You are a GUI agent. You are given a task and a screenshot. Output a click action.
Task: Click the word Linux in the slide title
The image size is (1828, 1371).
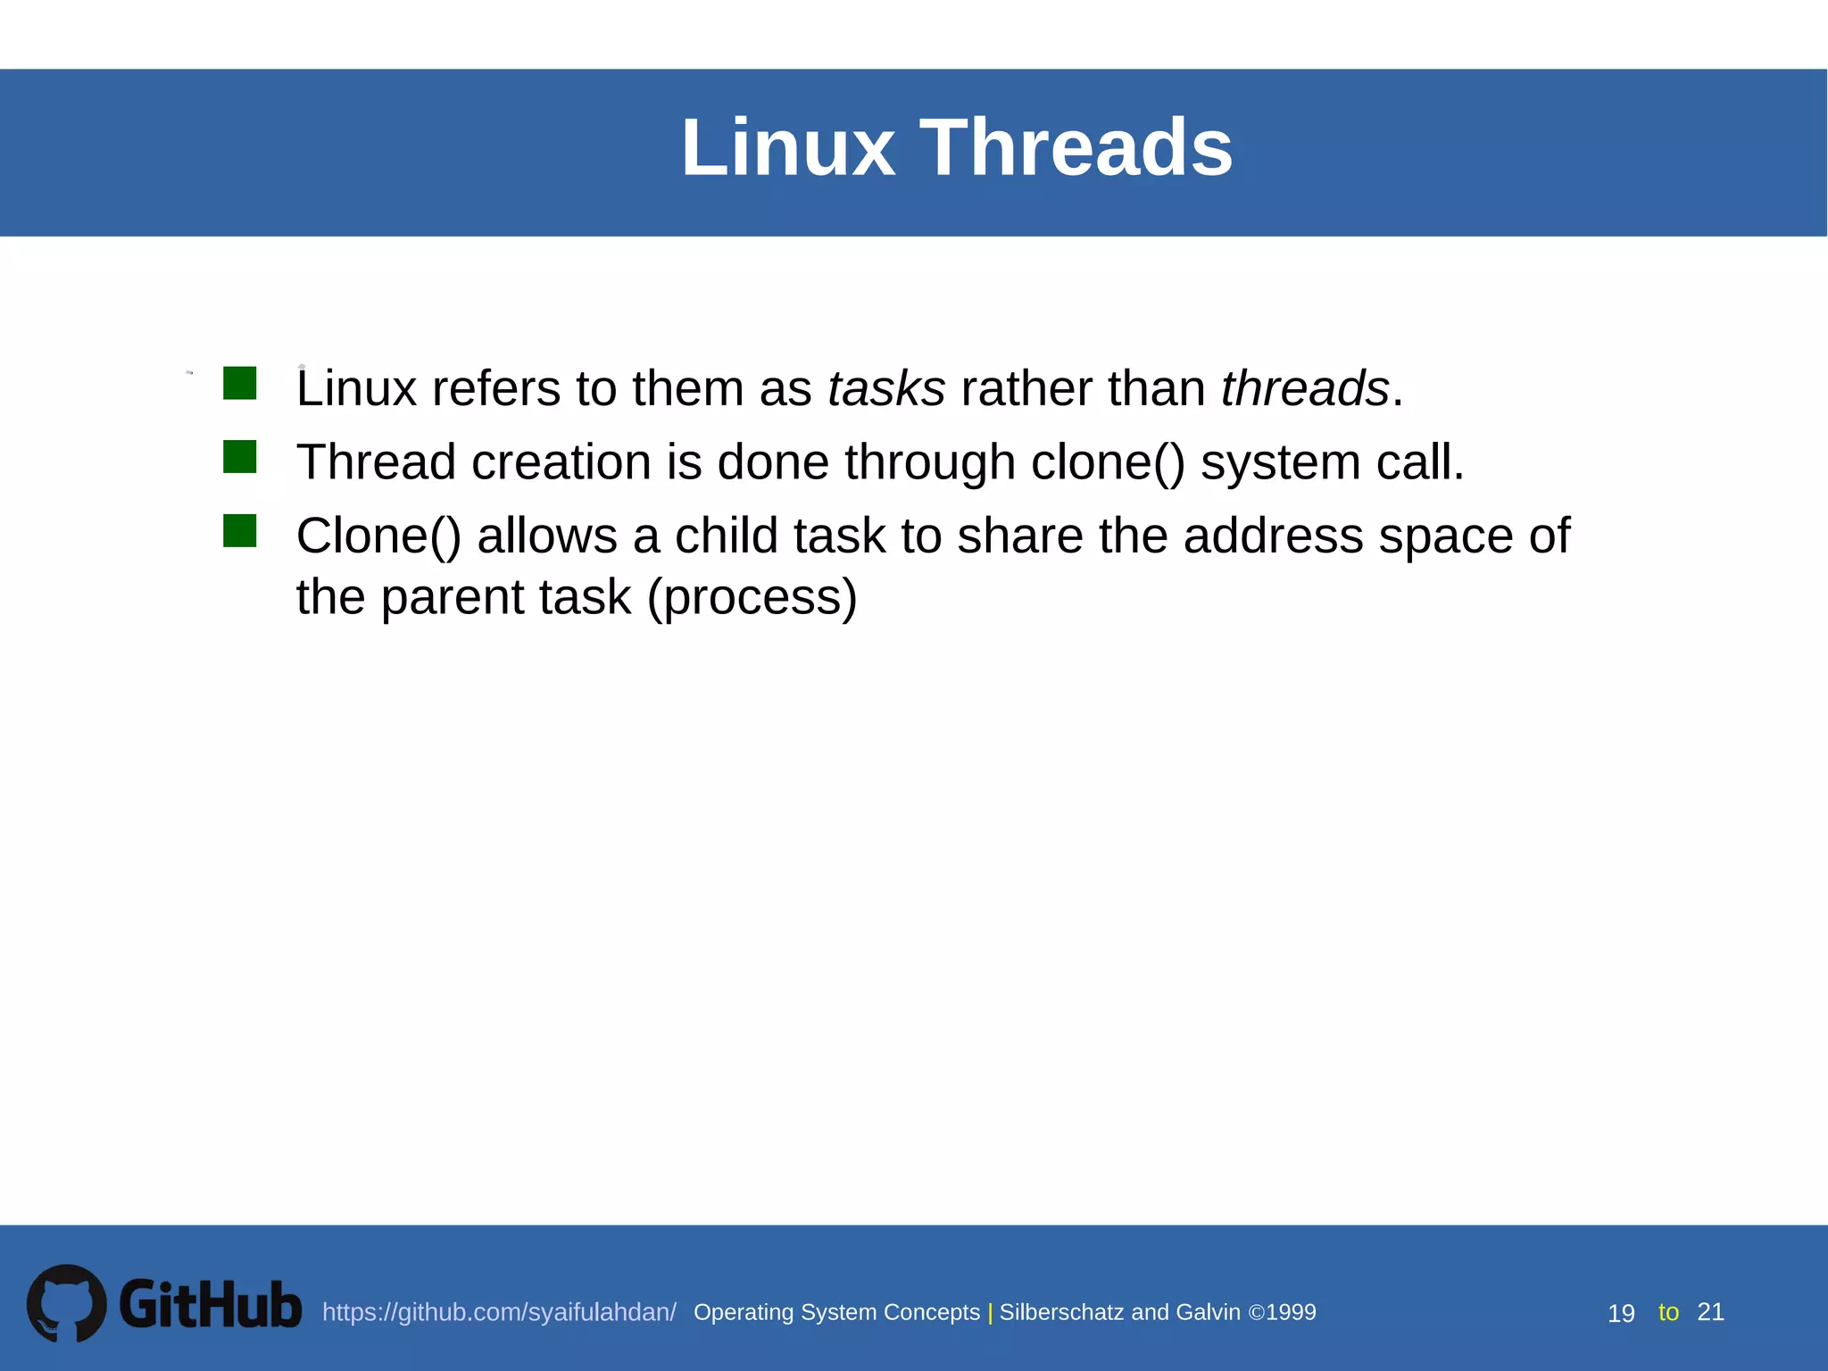point(787,147)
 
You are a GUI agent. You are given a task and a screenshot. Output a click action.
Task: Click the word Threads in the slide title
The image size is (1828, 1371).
point(1076,147)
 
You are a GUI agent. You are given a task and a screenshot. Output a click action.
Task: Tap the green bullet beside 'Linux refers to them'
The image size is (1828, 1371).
point(239,383)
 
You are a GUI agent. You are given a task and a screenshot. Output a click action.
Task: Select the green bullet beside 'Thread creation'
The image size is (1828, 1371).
point(239,457)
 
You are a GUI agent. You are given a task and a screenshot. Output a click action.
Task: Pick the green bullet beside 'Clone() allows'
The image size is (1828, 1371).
point(239,531)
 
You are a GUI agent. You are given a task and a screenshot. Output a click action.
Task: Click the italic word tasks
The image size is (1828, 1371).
point(885,389)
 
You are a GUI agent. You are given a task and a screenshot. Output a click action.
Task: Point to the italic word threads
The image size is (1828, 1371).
point(1304,389)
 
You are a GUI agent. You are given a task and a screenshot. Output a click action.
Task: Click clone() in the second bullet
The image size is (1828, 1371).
point(1108,463)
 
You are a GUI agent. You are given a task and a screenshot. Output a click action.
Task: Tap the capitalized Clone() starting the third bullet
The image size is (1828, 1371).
point(378,537)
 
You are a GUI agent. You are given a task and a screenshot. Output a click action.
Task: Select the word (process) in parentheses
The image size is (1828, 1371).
point(752,598)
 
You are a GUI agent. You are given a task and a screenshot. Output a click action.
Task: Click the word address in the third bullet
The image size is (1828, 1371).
point(1273,537)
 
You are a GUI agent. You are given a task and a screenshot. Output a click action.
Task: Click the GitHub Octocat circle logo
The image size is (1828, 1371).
point(66,1303)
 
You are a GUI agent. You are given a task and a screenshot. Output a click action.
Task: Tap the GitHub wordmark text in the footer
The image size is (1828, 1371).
point(211,1305)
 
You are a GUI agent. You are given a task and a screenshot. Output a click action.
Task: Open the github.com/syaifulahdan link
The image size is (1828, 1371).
point(498,1312)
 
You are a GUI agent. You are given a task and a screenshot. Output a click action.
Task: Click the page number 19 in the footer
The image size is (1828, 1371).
point(1620,1314)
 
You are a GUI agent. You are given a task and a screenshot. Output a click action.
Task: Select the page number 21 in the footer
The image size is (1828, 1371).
point(1710,1312)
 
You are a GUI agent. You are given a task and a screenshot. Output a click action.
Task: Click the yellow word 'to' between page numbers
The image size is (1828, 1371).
point(1667,1312)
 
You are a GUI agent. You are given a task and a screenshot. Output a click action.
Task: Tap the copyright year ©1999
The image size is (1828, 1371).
point(1282,1312)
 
